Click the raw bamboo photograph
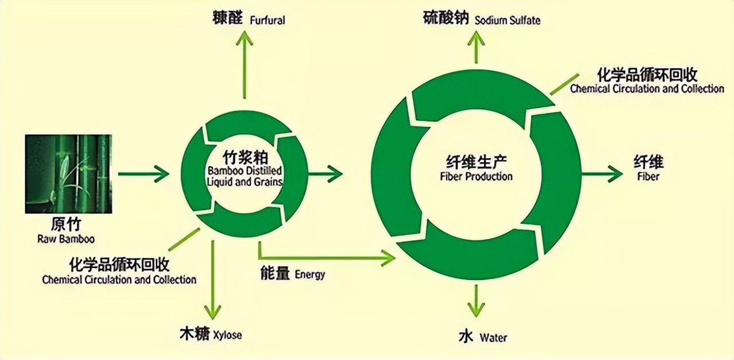click(68, 174)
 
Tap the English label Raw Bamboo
click(66, 238)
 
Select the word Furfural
click(267, 21)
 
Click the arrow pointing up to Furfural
click(245, 63)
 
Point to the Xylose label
click(227, 335)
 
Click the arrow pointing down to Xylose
click(213, 281)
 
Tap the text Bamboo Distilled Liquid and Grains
click(245, 177)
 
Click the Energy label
click(310, 275)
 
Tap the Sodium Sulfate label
click(507, 21)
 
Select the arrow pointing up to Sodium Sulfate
click(476, 46)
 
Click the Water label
click(493, 337)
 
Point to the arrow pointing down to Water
click(476, 301)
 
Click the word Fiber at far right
click(648, 176)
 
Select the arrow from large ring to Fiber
click(602, 173)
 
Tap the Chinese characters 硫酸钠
click(446, 19)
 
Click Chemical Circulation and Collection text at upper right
click(647, 89)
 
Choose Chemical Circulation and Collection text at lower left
click(119, 280)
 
